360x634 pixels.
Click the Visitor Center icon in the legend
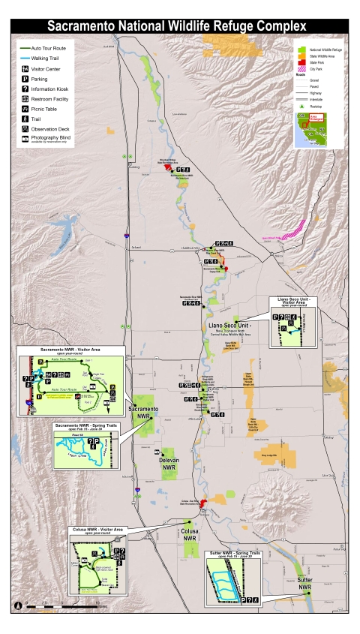pyautogui.click(x=26, y=68)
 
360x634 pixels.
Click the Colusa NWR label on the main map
pyautogui.click(x=190, y=536)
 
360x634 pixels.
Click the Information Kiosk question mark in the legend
pyautogui.click(x=26, y=89)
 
